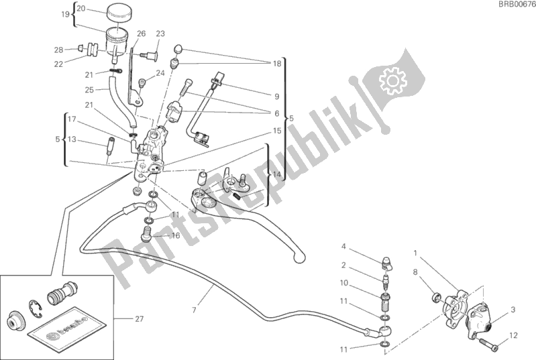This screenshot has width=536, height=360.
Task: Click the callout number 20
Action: click(x=81, y=9)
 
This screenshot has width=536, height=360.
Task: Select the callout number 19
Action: click(x=64, y=14)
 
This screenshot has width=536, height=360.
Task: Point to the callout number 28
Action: click(x=58, y=50)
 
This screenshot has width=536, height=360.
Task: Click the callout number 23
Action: click(x=160, y=34)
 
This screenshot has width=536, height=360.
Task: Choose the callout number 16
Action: click(x=176, y=236)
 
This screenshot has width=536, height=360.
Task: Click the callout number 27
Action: click(x=138, y=319)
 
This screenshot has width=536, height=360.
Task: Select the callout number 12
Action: click(x=513, y=335)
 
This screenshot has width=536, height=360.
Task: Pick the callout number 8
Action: click(x=415, y=272)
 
